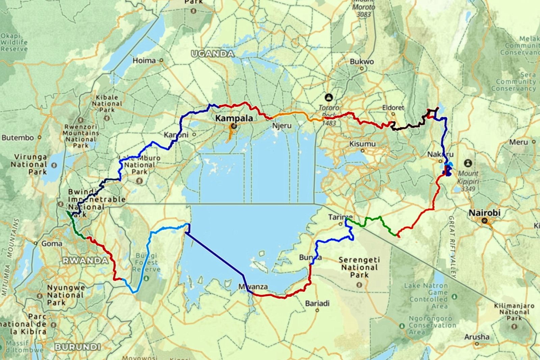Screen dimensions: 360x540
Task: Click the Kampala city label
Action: pyautogui.click(x=234, y=118)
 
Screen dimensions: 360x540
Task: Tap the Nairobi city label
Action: pyautogui.click(x=484, y=213)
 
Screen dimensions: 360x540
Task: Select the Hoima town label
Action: pyautogui.click(x=144, y=61)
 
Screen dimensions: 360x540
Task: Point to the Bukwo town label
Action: pyautogui.click(x=362, y=62)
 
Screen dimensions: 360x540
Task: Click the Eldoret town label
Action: pyautogui.click(x=393, y=108)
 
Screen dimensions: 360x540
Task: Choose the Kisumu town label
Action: pyautogui.click(x=362, y=144)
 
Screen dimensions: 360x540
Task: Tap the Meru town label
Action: pyautogui.click(x=518, y=142)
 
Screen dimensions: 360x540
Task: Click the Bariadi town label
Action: pyautogui.click(x=317, y=303)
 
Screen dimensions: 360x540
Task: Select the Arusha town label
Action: pyautogui.click(x=477, y=337)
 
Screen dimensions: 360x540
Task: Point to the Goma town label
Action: pyautogui.click(x=52, y=243)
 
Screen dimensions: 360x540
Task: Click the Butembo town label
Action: pyautogui.click(x=18, y=138)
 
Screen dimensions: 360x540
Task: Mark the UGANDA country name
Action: pyautogui.click(x=213, y=54)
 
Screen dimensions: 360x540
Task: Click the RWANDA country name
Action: pyautogui.click(x=85, y=260)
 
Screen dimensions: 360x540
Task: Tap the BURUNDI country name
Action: pyautogui.click(x=78, y=347)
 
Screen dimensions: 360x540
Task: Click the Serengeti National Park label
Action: pyautogui.click(x=359, y=267)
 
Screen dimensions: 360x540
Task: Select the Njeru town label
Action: pyautogui.click(x=281, y=126)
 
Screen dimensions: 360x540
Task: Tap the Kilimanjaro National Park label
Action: pyautogui.click(x=514, y=312)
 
